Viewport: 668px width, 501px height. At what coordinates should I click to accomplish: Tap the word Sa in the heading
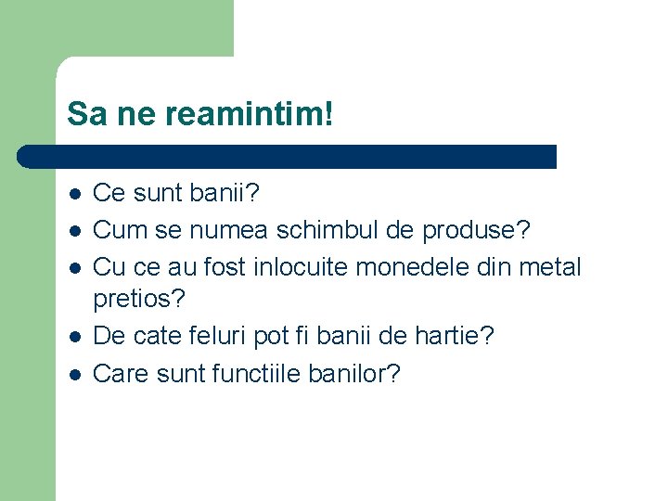pos(83,115)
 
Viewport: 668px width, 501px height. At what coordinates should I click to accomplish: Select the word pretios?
pos(140,300)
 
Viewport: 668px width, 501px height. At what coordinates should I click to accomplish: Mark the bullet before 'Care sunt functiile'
pos(74,375)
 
